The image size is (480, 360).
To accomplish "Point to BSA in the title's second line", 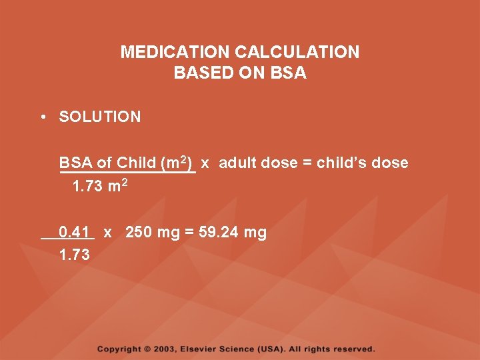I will (x=289, y=73).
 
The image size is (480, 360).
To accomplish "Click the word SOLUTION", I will (x=100, y=117).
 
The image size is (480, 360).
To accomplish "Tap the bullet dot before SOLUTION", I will (x=42, y=117).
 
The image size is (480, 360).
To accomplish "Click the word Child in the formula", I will (x=136, y=163).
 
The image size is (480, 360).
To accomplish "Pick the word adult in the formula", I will (x=237, y=163).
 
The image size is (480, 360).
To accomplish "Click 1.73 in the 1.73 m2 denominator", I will (x=87, y=187).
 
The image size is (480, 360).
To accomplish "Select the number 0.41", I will (x=74, y=233).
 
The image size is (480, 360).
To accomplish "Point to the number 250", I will (x=138, y=233).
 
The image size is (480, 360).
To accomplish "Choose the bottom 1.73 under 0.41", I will (x=74, y=255).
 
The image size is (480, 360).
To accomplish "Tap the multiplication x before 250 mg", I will (x=107, y=233).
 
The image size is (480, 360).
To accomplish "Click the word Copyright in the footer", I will (x=119, y=349).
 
